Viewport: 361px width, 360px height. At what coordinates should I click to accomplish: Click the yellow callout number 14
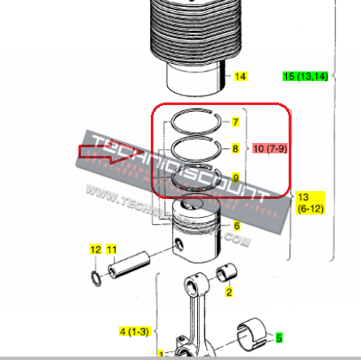click(240, 77)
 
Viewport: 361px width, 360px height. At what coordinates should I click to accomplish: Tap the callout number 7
click(236, 122)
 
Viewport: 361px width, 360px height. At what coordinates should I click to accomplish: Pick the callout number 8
click(236, 149)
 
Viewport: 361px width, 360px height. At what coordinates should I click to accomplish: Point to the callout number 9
click(236, 177)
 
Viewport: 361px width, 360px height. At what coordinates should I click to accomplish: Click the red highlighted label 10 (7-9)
click(271, 150)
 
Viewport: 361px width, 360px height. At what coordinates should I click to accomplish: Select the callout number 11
click(111, 249)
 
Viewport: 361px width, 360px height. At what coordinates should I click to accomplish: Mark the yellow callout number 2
click(229, 293)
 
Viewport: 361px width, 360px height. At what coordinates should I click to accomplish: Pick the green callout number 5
click(279, 337)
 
